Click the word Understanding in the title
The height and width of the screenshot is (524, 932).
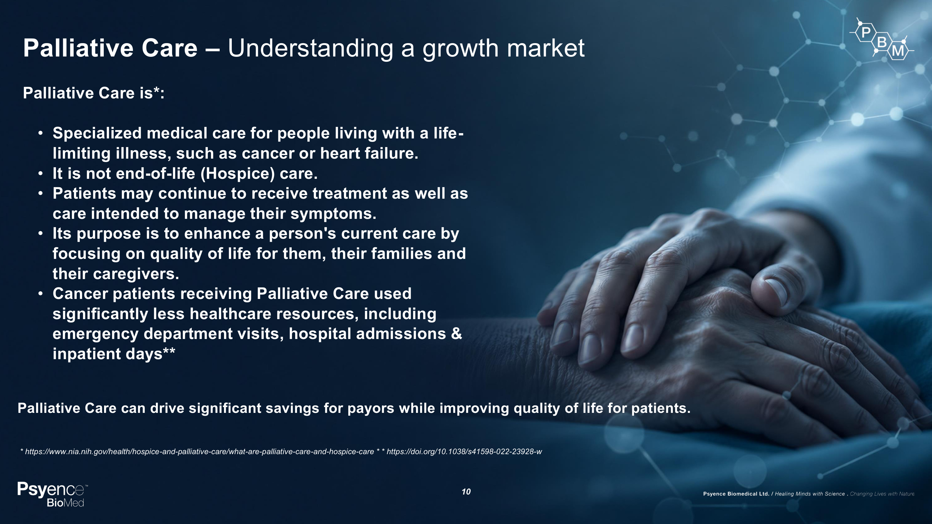pos(310,48)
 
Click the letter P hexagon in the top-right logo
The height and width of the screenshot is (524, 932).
pos(866,33)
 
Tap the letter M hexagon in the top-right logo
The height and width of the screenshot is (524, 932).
pos(898,51)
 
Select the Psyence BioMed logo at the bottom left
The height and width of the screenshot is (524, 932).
pos(53,494)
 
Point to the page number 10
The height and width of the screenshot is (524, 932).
pos(466,492)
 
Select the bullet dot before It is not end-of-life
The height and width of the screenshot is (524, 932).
pos(40,174)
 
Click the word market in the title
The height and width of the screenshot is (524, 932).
pos(546,48)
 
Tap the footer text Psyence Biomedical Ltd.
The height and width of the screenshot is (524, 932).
pos(736,494)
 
